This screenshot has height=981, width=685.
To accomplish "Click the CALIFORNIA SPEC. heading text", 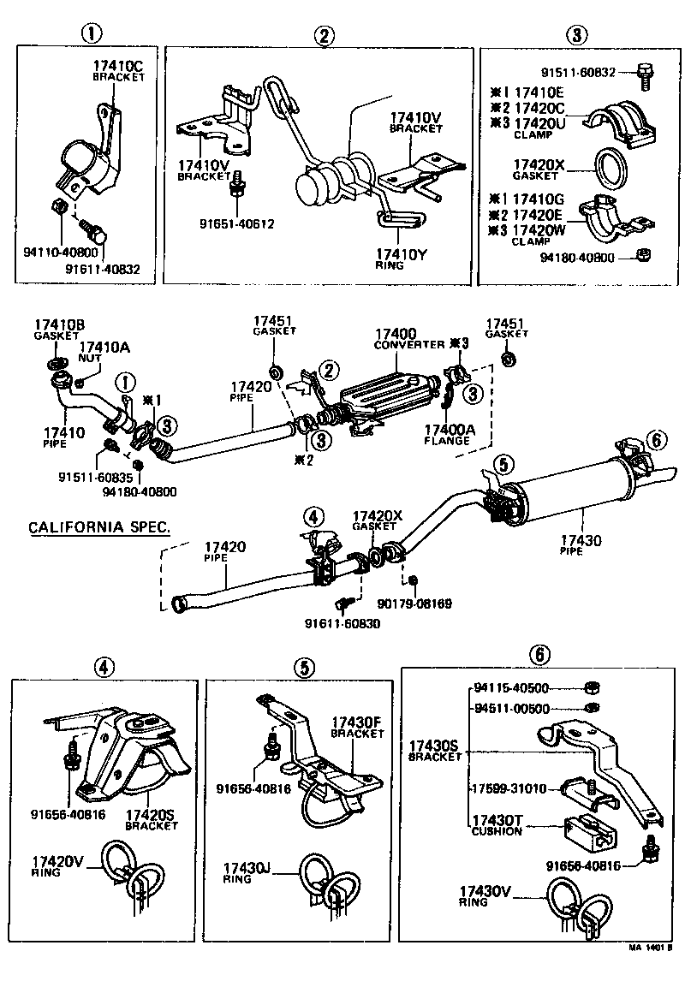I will click(98, 526).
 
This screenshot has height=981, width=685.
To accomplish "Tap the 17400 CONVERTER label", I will click(396, 338).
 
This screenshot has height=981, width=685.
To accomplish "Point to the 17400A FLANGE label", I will click(447, 435).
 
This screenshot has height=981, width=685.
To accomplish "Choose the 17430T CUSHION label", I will click(497, 824).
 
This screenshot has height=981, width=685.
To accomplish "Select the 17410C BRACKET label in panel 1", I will click(119, 69).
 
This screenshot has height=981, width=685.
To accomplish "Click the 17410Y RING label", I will click(398, 259).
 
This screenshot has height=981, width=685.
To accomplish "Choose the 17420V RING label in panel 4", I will click(55, 866).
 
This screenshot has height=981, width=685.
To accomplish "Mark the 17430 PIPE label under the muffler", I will click(581, 545).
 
